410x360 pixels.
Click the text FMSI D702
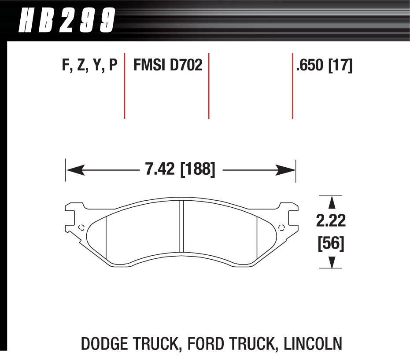click(167, 66)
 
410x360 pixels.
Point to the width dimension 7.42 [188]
click(180, 169)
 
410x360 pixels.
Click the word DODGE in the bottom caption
click(107, 342)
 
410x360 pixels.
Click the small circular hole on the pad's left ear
click(80, 228)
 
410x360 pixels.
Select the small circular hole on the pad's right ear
click(282, 228)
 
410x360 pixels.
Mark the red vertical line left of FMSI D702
click(125, 86)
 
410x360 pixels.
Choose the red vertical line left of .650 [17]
click(292, 86)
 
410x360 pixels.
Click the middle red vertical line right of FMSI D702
click(208, 86)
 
